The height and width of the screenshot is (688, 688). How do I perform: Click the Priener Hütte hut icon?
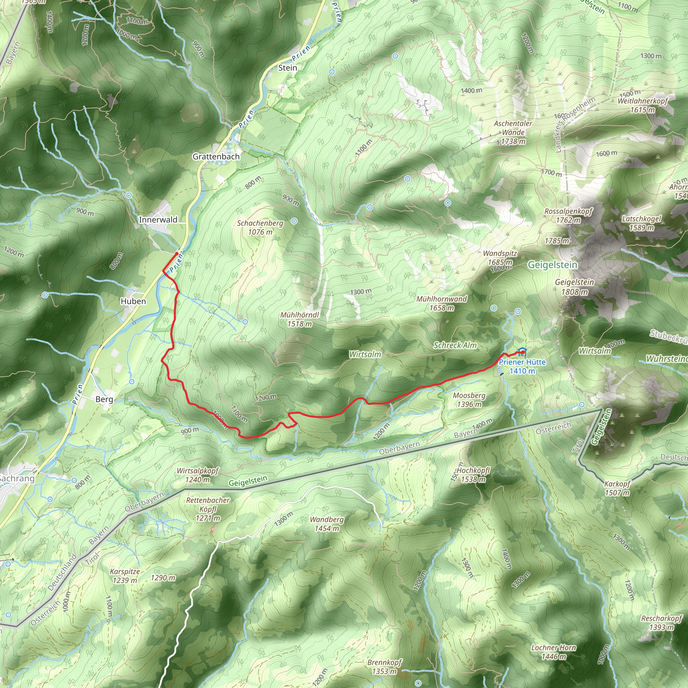click(522, 352)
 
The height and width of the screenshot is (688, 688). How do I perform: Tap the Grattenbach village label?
click(216, 157)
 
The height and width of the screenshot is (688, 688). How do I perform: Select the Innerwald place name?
click(158, 220)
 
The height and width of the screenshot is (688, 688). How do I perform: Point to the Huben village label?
click(133, 301)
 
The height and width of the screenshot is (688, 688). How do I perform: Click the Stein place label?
click(287, 68)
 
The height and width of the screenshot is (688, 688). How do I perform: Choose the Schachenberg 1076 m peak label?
click(260, 227)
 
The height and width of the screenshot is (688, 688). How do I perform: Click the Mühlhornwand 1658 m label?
click(441, 303)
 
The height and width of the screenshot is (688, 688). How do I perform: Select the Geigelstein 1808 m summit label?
click(574, 287)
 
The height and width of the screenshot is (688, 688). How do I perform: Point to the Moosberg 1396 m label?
click(469, 400)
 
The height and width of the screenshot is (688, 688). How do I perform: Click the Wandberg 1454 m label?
click(327, 524)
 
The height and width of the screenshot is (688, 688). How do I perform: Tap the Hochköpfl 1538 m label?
click(473, 475)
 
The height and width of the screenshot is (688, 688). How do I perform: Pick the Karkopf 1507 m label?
click(617, 488)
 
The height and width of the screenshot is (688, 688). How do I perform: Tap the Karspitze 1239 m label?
click(125, 576)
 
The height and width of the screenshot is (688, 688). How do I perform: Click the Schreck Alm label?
click(455, 345)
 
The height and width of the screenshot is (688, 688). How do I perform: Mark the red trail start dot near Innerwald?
click(177, 254)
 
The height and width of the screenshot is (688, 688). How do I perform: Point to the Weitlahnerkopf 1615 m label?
click(642, 105)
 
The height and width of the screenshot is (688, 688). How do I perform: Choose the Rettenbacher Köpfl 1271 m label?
click(208, 509)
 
